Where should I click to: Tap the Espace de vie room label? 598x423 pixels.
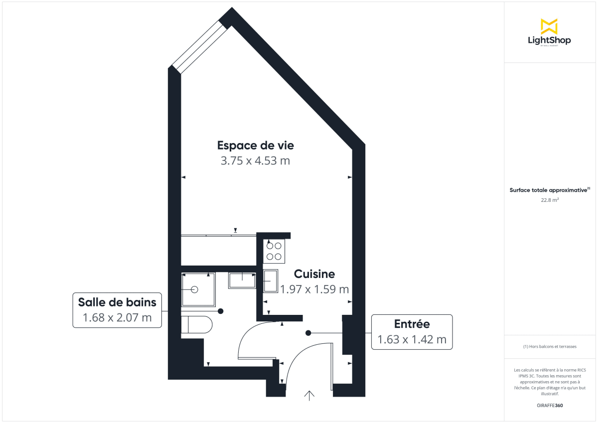coord(255,145)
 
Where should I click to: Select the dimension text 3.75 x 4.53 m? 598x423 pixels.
coord(255,161)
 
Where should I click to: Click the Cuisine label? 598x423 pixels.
coord(314,274)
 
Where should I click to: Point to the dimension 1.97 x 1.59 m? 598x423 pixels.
coord(314,289)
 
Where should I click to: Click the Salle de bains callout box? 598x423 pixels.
coord(117,309)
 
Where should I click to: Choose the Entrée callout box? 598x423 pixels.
coord(412,332)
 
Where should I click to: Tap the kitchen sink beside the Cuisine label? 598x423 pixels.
coord(271,282)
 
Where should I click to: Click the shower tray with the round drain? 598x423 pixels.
coord(197,289)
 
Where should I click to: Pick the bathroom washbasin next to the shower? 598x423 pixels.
coord(242,280)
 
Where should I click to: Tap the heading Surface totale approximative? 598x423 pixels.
coord(549,190)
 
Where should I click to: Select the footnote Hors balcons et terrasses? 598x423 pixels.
coord(550,346)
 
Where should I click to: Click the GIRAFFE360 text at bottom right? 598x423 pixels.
coord(550,405)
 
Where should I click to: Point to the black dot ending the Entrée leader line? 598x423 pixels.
coord(308,333)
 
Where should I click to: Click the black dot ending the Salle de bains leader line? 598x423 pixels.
coord(220,311)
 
